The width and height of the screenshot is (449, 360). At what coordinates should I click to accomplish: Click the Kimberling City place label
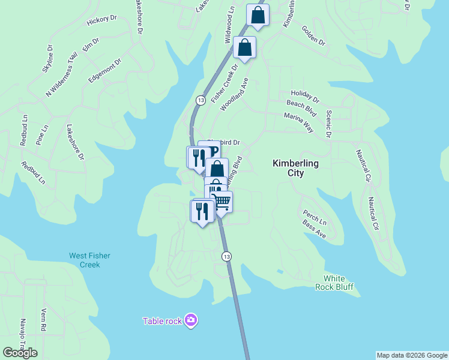point(295,168)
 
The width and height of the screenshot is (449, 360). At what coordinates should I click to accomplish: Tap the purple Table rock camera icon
point(191,320)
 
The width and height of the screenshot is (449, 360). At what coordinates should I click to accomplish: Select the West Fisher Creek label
point(89,260)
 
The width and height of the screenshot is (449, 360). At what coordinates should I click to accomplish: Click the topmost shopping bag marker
point(258,16)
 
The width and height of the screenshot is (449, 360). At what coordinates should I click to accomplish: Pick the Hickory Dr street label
point(101,20)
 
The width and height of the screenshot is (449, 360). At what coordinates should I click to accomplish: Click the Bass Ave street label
point(314,229)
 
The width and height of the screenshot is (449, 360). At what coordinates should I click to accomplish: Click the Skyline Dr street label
point(47,59)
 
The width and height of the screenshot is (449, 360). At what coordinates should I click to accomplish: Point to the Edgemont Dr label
point(104,71)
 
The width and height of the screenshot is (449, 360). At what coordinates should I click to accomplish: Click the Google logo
point(20,353)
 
